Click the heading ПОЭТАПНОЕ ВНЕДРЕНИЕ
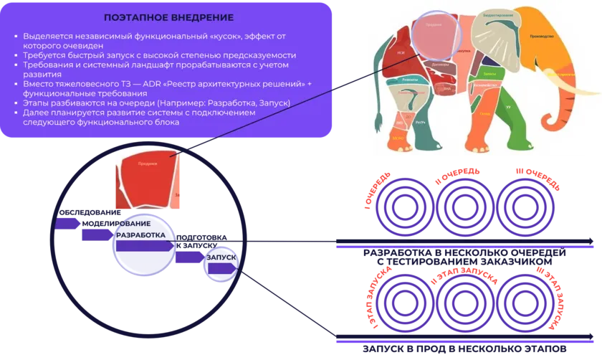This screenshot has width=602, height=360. point(168,16)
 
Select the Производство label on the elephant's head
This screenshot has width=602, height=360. point(540,37)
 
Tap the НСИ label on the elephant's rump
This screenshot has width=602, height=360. point(401,53)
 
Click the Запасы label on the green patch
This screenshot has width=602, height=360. point(489,74)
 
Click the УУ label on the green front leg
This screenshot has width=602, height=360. point(507,108)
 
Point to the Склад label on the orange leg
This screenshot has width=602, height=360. point(484,114)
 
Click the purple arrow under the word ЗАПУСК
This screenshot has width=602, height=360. point(220,268)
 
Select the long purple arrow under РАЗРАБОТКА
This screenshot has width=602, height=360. point(143,245)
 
